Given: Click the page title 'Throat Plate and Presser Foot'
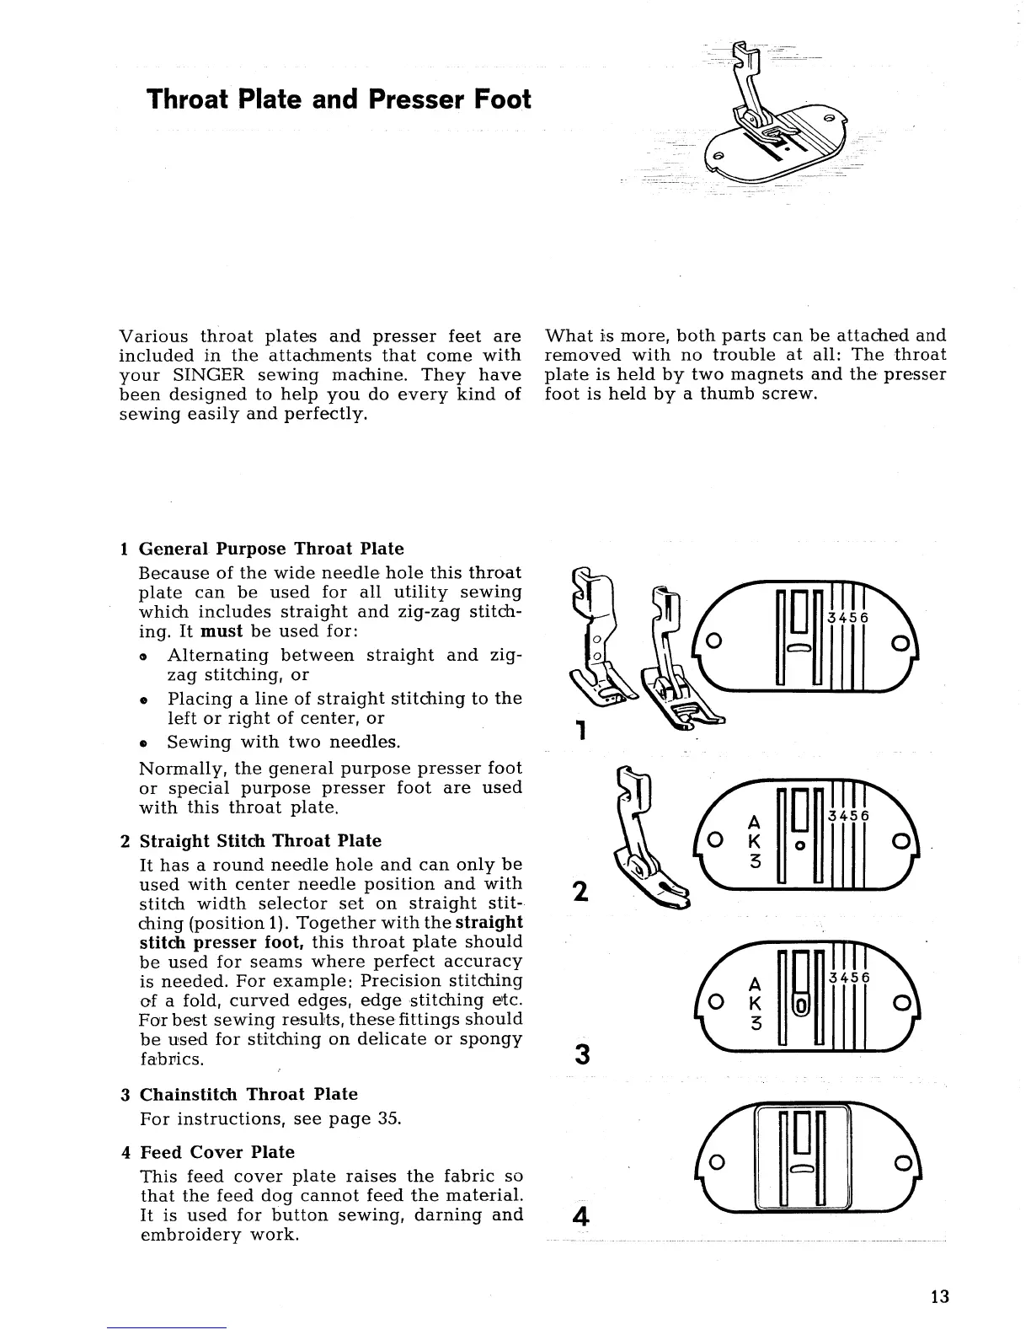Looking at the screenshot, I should coord(339,99).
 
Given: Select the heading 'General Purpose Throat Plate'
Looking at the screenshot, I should coord(271,550).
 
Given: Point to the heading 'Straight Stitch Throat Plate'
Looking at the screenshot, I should coord(260,841).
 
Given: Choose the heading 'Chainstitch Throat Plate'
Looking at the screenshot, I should coord(248,1095).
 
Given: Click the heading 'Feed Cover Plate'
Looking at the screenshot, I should coord(217,1152).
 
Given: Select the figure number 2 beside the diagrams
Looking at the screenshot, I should coord(580,891).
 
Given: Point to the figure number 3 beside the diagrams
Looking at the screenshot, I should coord(580,1054).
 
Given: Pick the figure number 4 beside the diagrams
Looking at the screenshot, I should coord(579,1216).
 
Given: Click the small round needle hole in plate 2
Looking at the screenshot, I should coord(799,844).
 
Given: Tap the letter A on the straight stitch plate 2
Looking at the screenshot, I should coord(755,821).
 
